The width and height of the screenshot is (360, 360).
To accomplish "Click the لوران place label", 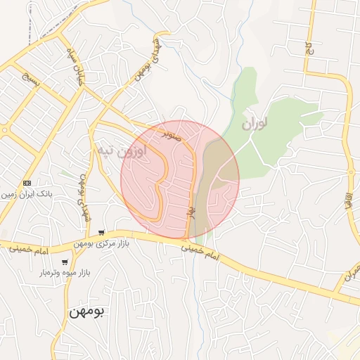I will pyautogui.click(x=255, y=124).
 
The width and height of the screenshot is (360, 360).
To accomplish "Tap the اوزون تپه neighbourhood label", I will pyautogui.click(x=121, y=150).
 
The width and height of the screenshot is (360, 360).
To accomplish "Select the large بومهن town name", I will pyautogui.click(x=87, y=311).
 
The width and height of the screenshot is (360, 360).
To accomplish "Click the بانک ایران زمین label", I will pyautogui.click(x=29, y=193).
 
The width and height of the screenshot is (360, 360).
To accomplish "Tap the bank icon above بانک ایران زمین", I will pyautogui.click(x=27, y=182).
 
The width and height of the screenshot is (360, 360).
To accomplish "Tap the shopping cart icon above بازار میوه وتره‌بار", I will pyautogui.click(x=65, y=262).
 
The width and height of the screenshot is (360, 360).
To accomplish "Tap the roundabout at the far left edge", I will pyautogui.click(x=4, y=130).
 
